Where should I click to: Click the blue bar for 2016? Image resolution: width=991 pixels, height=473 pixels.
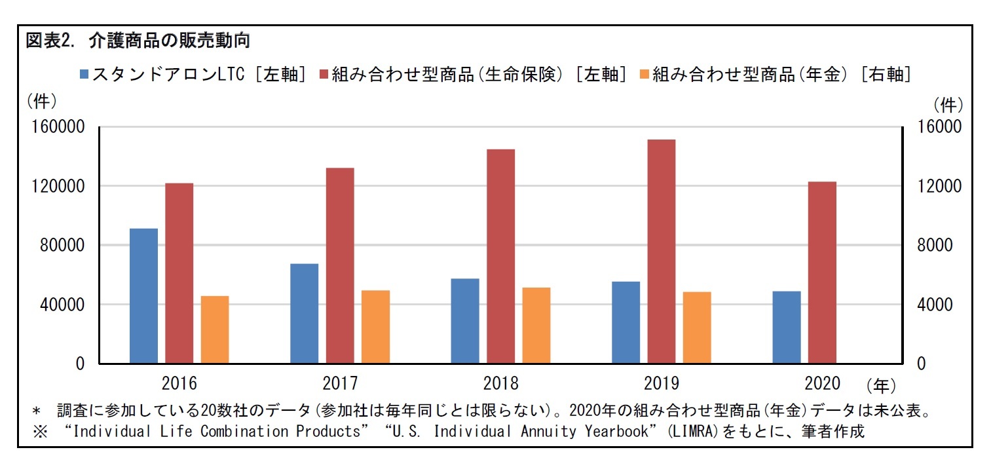pyautogui.click(x=143, y=295)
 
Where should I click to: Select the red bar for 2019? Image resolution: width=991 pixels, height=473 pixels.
pyautogui.click(x=661, y=252)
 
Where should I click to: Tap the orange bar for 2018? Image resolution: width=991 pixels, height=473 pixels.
pyautogui.click(x=536, y=325)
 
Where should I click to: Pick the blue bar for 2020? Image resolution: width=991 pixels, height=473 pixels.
pyautogui.click(x=786, y=327)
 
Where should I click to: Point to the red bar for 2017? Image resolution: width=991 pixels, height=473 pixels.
pyautogui.click(x=340, y=265)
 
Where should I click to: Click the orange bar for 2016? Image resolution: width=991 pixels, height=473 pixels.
pyautogui.click(x=215, y=330)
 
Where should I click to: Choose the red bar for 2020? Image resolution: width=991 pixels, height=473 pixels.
pyautogui.click(x=822, y=272)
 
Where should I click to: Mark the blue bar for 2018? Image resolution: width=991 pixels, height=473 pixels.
pyautogui.click(x=465, y=321)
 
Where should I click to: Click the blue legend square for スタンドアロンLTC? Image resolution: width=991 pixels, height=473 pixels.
pyautogui.click(x=84, y=74)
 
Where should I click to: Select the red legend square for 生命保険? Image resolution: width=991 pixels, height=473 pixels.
pyautogui.click(x=324, y=74)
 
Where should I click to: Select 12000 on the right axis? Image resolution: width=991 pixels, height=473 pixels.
pyautogui.click(x=939, y=187)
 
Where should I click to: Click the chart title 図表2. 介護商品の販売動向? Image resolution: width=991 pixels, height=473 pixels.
pyautogui.click(x=138, y=41)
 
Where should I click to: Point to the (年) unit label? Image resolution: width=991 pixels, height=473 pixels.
pyautogui.click(x=880, y=385)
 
